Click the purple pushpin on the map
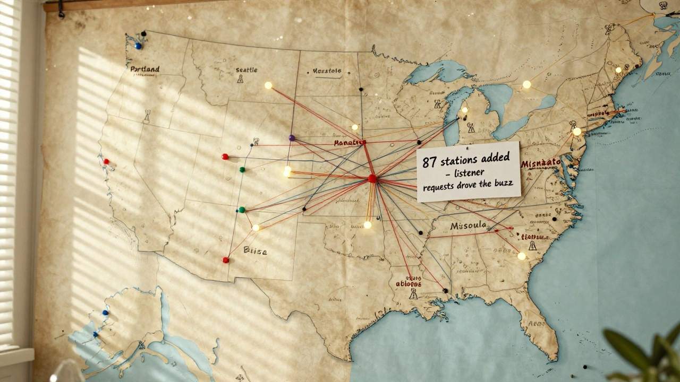pyautogui.click(x=291, y=138)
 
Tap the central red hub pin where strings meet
pyautogui.click(x=372, y=179)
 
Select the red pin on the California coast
pyautogui.click(x=106, y=161)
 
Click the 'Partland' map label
pyautogui.click(x=144, y=69)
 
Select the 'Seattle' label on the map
pyautogui.click(x=246, y=70)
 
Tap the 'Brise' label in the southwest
pyautogui.click(x=255, y=251)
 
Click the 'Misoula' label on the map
pyautogui.click(x=468, y=225)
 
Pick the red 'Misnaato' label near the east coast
pyautogui.click(x=541, y=163)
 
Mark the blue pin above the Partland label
pyautogui.click(x=138, y=46)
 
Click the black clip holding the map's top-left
pyautogui.click(x=61, y=10)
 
